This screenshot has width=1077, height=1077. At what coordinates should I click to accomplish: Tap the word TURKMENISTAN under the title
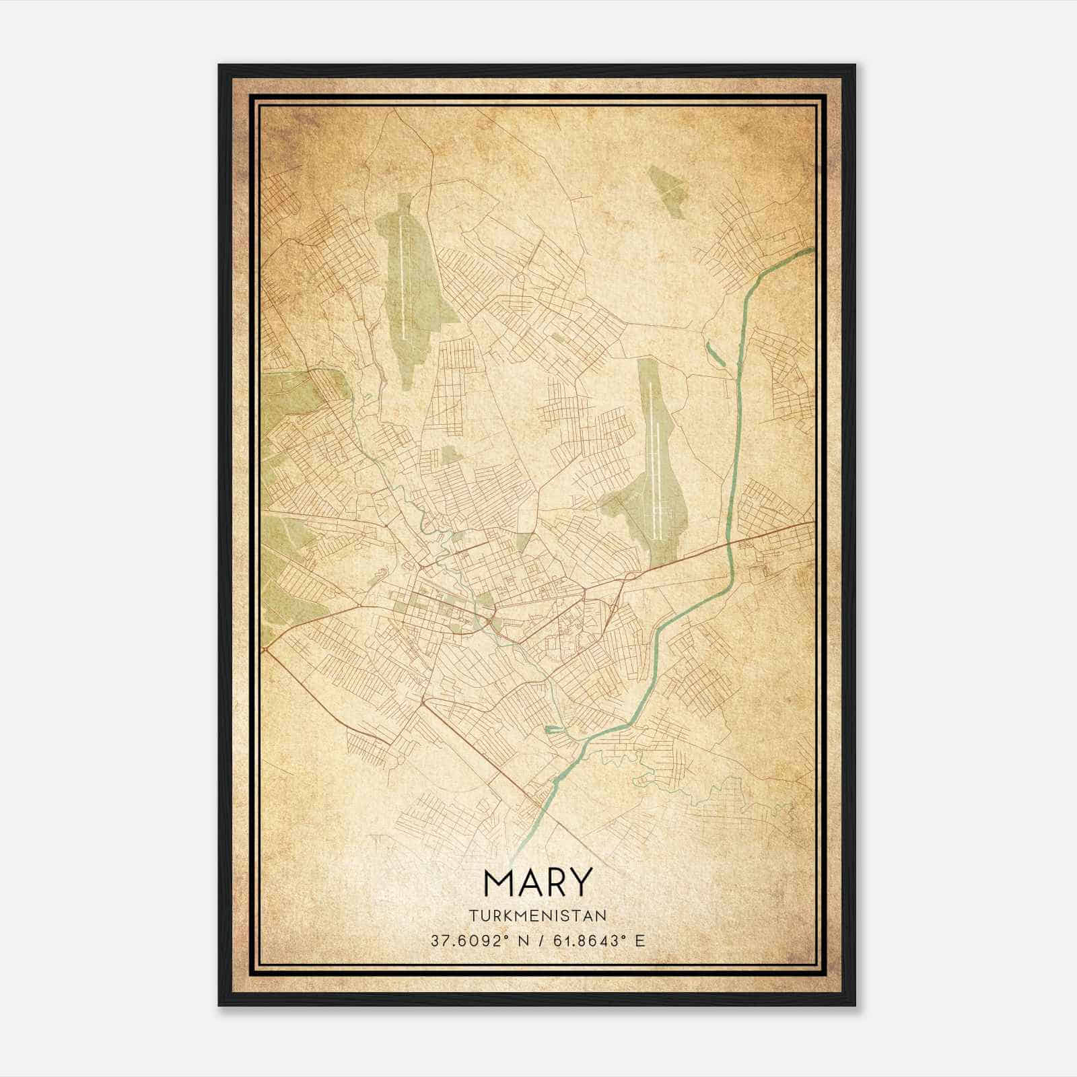[x=538, y=915]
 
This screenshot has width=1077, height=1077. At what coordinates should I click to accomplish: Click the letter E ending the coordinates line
[x=640, y=940]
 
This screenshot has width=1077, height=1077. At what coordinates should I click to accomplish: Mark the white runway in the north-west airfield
[x=403, y=276]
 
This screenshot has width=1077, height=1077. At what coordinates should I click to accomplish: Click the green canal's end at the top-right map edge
[x=810, y=250]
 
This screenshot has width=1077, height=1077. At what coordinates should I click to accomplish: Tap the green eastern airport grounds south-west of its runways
[x=623, y=505]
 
